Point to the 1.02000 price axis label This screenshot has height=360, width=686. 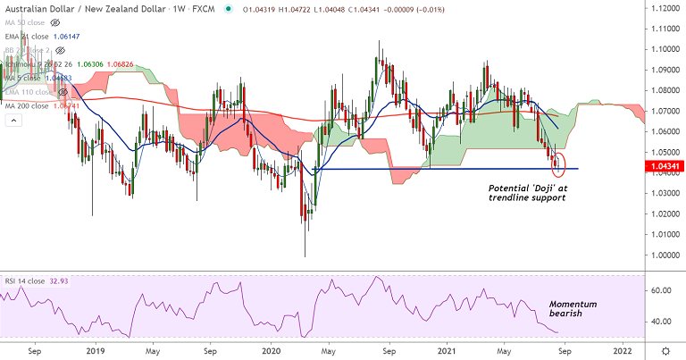pyautogui.click(x=663, y=214)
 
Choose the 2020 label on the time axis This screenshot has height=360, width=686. pyautogui.click(x=272, y=352)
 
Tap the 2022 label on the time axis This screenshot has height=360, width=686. pyautogui.click(x=623, y=352)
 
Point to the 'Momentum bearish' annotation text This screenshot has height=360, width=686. pyautogui.click(x=573, y=310)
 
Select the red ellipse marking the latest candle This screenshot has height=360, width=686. pyautogui.click(x=560, y=164)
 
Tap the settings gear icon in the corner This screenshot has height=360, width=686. pyautogui.click(x=665, y=351)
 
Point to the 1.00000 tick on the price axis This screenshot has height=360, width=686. pyautogui.click(x=663, y=256)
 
